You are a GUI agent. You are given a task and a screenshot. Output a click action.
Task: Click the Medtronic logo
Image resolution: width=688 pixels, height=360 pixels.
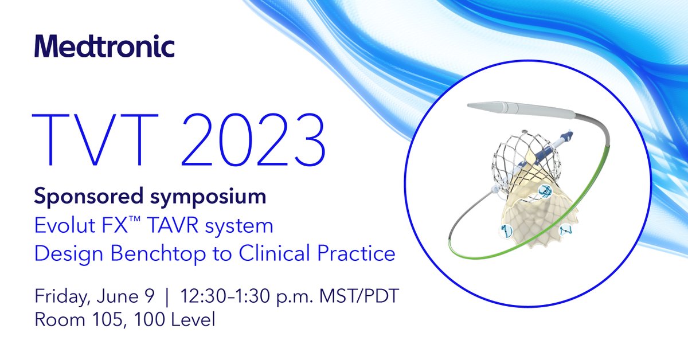pos(104,46)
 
